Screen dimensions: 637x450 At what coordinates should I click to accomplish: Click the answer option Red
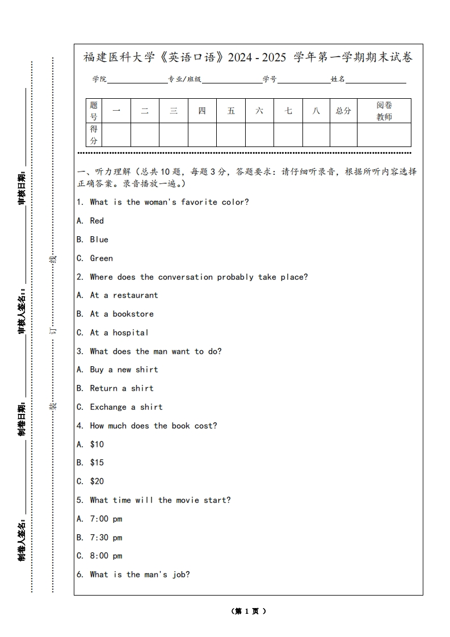[96, 221]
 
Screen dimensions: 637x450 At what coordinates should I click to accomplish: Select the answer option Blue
[99, 240]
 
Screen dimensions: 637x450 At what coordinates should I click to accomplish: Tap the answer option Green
[101, 258]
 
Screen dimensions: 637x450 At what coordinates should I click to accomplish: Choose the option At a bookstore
[121, 314]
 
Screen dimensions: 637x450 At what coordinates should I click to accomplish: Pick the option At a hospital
[119, 333]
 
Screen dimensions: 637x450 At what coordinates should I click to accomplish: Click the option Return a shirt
[121, 388]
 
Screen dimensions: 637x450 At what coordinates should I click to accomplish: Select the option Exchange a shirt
[126, 407]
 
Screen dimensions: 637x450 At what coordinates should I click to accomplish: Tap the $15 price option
[96, 463]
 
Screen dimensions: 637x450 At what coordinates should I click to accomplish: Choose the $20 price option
[96, 481]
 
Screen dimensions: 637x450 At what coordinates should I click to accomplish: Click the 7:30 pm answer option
[106, 538]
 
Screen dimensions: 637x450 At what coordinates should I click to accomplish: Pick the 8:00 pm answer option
[106, 556]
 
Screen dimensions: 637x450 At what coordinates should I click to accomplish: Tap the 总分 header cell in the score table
[343, 111]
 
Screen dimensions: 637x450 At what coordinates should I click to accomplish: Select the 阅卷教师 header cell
[384, 111]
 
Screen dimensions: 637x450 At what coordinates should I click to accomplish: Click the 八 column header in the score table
[316, 111]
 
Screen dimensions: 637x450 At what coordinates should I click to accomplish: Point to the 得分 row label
[94, 135]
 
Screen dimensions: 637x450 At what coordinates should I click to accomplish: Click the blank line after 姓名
[376, 80]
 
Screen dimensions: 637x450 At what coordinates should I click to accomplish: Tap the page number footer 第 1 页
[249, 611]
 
